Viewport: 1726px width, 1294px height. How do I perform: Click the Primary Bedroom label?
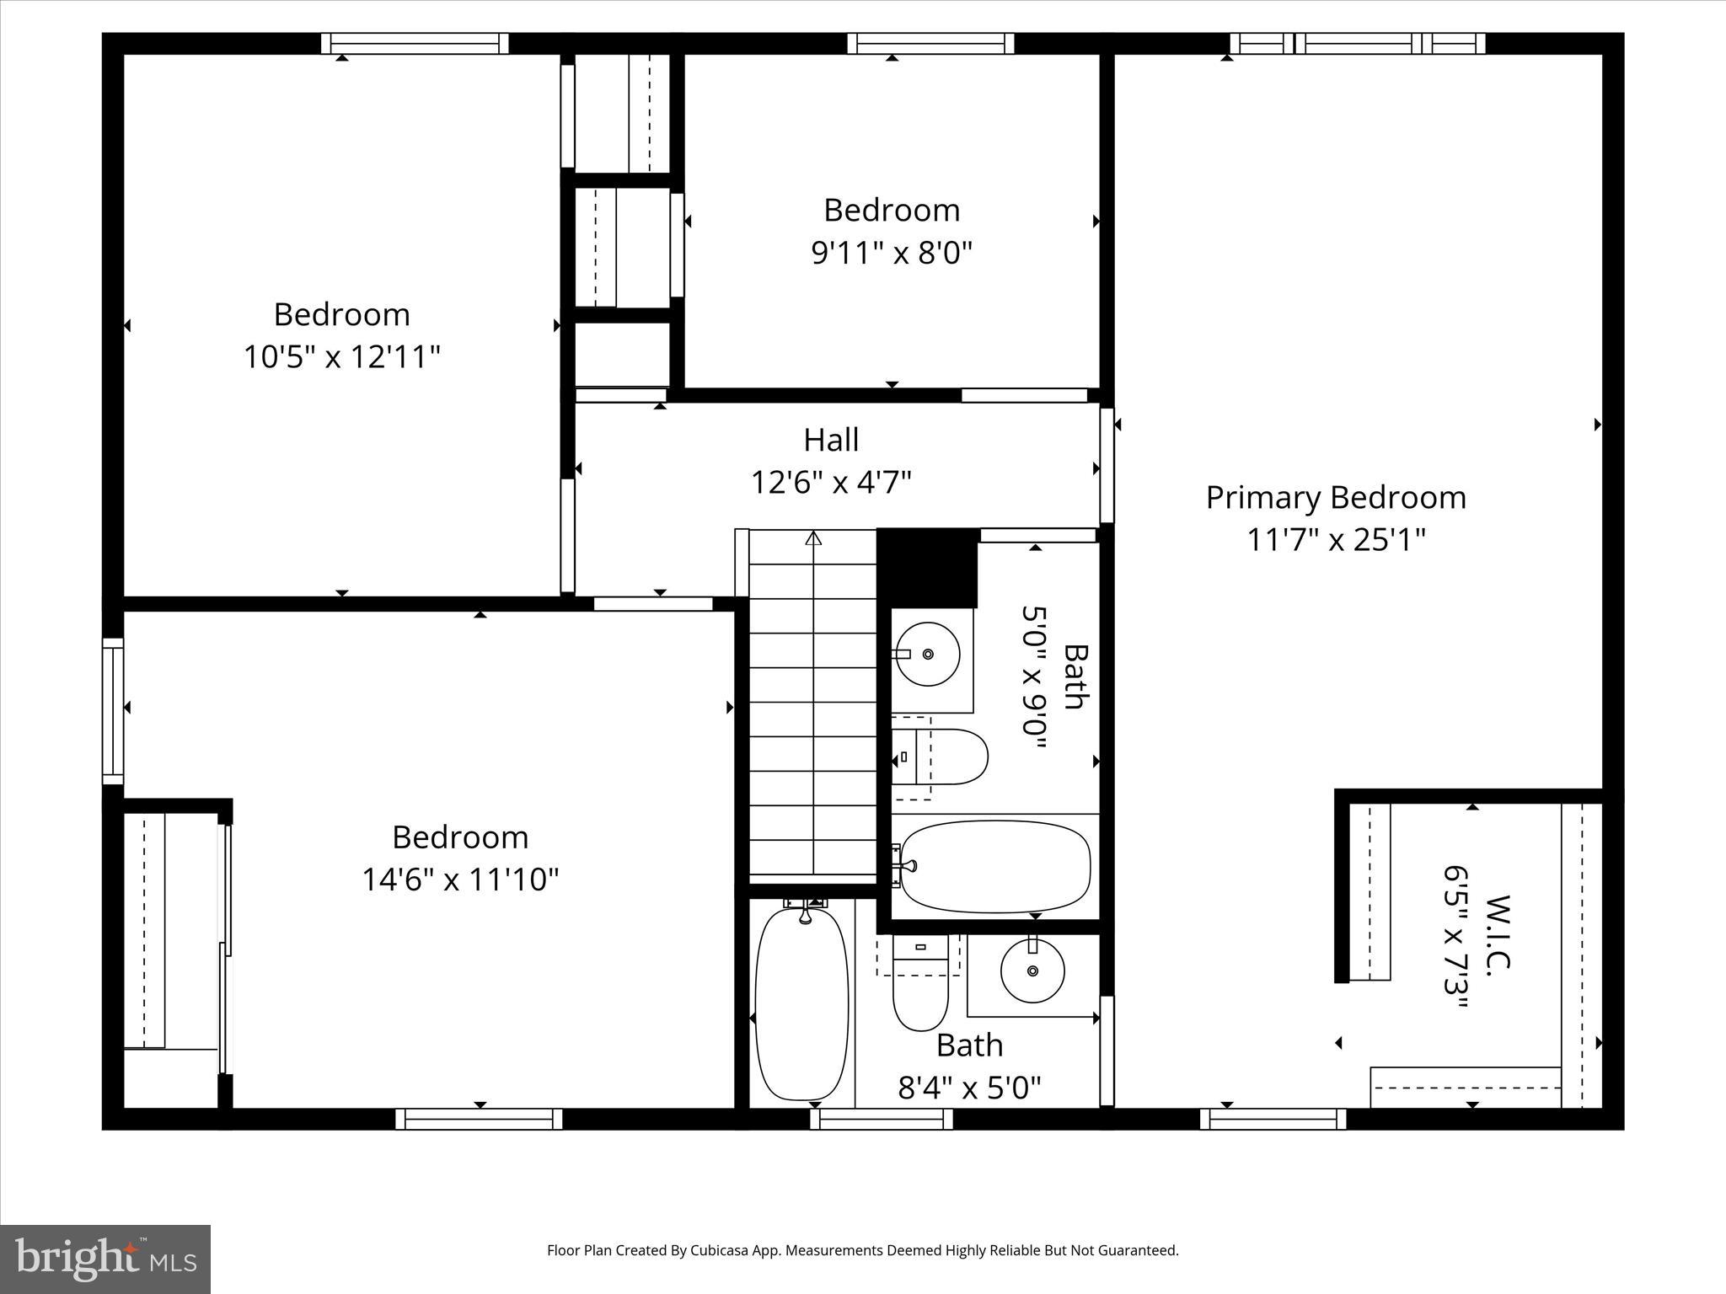1335,498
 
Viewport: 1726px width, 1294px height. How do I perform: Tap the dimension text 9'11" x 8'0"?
892,253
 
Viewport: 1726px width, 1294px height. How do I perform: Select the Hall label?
831,440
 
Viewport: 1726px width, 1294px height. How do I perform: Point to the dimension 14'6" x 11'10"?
460,880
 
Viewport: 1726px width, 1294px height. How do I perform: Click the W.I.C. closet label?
1498,935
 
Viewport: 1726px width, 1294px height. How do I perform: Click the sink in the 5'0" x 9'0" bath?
927,655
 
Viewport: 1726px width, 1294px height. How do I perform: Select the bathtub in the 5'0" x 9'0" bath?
994,867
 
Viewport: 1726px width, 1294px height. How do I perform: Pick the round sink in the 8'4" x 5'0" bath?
1032,971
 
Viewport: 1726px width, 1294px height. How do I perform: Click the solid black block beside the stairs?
927,567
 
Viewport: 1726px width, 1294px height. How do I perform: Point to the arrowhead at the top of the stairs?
813,538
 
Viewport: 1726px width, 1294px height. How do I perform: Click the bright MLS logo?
105,1259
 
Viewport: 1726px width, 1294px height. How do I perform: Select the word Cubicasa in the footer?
720,1250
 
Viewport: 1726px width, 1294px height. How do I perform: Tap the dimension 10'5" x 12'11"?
341,357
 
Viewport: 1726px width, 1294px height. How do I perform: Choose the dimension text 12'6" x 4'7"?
831,483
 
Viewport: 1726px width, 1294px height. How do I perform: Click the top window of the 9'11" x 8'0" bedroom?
930,44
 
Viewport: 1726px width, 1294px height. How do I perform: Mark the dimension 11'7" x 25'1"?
1335,540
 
